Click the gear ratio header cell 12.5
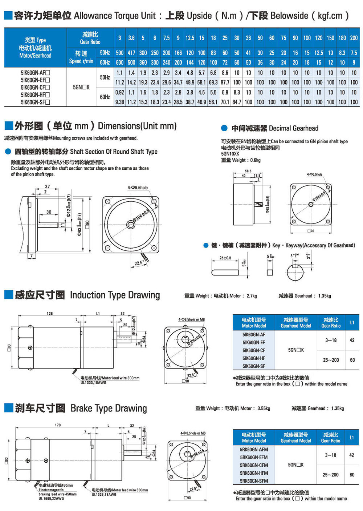pos(190,38)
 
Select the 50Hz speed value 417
pos(131,53)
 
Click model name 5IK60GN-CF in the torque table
pos(35,87)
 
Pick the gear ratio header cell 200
pos(354,38)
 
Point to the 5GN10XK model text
pos(230,154)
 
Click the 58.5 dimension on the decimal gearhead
pos(248,171)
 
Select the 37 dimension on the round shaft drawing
pos(48,186)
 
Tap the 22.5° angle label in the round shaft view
pos(139,263)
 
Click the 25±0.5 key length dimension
pos(225,258)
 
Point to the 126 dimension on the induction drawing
pos(50,313)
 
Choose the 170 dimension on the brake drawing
pos(58,425)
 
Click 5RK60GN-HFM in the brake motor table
pos(254,473)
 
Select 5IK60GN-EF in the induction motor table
pos(254,342)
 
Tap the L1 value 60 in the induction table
pos(352,360)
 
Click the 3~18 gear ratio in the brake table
pos(330,455)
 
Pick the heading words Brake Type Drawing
pos(109,408)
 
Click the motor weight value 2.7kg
pos(252,296)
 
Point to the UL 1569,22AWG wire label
pos(51,499)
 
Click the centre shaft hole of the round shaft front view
pos(131,225)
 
